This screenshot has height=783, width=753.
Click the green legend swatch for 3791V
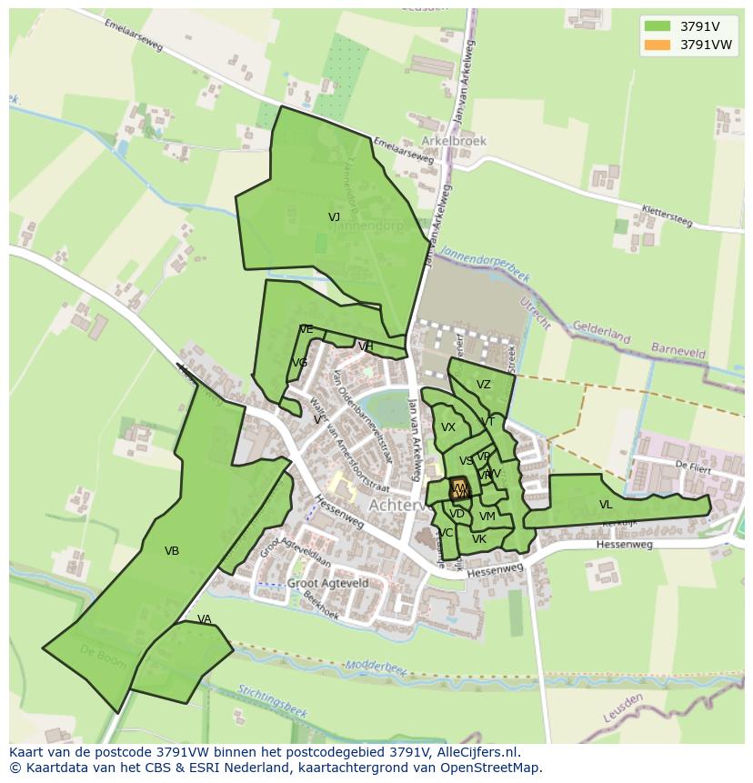click(657, 25)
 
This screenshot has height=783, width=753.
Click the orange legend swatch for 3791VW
click(657, 45)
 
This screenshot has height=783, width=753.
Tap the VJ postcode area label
click(334, 217)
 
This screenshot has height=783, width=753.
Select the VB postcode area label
click(172, 551)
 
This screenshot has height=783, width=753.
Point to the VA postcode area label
click(204, 619)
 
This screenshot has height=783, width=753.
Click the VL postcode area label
click(606, 505)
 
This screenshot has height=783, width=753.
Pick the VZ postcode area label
click(483, 385)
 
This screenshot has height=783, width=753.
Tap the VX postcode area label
click(448, 427)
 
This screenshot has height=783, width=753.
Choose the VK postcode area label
click(479, 539)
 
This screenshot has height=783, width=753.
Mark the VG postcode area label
click(299, 363)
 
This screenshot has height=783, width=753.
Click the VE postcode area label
click(306, 329)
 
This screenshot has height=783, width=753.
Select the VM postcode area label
click(487, 517)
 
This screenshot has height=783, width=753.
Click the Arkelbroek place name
click(454, 141)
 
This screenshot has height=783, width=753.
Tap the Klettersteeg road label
click(667, 216)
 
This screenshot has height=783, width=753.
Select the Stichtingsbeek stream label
click(273, 700)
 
